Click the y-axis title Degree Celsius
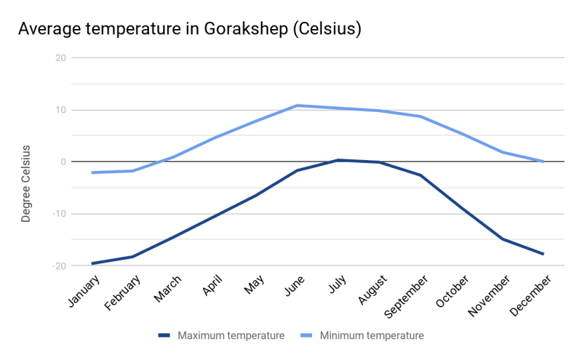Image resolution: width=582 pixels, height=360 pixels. (x=26, y=183)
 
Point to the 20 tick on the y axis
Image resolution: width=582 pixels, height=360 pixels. (x=60, y=58)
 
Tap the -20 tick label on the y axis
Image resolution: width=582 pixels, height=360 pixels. (x=57, y=265)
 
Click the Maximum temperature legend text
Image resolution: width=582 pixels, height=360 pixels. (x=231, y=335)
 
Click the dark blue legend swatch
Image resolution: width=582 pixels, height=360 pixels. (x=164, y=335)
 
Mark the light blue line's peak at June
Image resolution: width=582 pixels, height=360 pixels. (x=297, y=105)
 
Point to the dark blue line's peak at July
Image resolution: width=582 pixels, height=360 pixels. (x=338, y=160)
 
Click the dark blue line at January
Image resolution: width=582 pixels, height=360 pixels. (x=92, y=263)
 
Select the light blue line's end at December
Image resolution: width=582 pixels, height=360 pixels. (x=543, y=161)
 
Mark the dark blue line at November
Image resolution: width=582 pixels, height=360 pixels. (x=503, y=239)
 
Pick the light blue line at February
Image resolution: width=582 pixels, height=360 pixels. (x=132, y=171)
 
